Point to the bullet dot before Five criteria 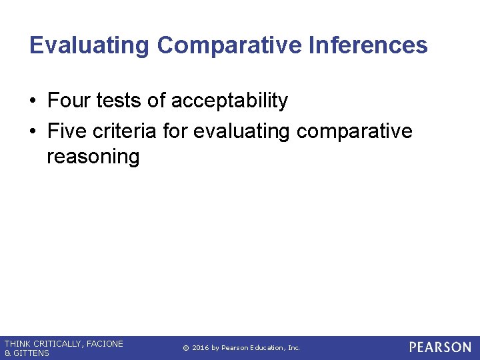[x=33, y=132]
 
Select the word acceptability [x=229, y=101]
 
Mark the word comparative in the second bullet [x=355, y=131]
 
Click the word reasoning [x=93, y=157]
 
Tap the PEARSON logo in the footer [x=440, y=347]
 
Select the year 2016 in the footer [x=201, y=348]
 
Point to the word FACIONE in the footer [x=105, y=344]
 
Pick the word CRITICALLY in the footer [x=56, y=344]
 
